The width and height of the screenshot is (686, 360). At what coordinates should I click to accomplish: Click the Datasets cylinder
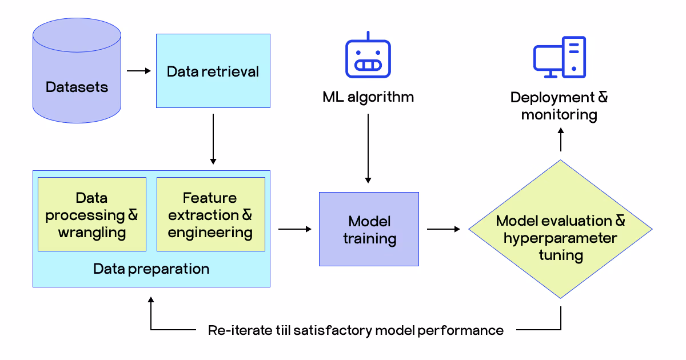[77, 71]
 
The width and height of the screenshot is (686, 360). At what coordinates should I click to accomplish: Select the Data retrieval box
[213, 71]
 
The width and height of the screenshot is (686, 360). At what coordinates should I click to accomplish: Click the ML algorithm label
[368, 97]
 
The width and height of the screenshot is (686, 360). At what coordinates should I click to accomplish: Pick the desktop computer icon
[559, 57]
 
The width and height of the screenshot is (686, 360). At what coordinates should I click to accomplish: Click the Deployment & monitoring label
[559, 106]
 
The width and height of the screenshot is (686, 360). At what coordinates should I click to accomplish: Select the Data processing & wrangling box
[92, 215]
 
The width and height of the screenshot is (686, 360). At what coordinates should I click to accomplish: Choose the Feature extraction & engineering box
[210, 215]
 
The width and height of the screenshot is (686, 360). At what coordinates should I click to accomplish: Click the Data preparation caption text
[151, 269]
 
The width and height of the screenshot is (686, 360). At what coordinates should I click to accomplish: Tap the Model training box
[369, 229]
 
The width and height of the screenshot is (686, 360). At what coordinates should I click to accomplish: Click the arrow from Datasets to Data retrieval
[138, 71]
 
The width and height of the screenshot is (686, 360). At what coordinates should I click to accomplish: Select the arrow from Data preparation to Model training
[295, 229]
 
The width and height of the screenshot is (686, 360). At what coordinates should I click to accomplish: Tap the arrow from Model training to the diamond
[444, 229]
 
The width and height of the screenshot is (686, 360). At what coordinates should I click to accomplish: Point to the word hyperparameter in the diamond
[560, 238]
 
